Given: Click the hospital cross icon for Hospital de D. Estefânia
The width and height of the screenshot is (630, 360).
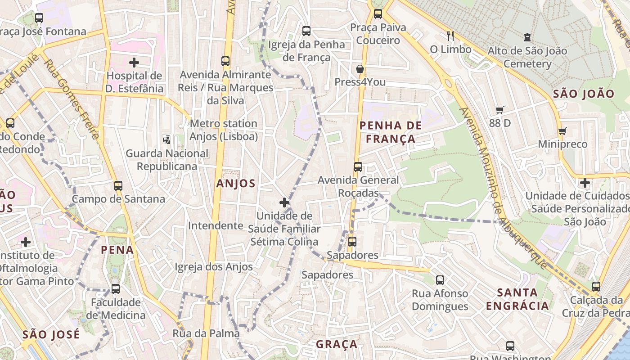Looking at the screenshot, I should pyautogui.click(x=134, y=62).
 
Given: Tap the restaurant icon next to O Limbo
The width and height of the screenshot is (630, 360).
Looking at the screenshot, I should pyautogui.click(x=450, y=36).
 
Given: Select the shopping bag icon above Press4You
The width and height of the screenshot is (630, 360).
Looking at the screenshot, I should pyautogui.click(x=360, y=69).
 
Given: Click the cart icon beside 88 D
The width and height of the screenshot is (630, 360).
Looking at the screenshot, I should pyautogui.click(x=499, y=110).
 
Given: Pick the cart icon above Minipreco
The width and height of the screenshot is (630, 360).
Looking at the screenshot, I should pyautogui.click(x=562, y=131).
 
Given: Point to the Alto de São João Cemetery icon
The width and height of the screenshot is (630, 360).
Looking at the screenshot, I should pyautogui.click(x=527, y=37).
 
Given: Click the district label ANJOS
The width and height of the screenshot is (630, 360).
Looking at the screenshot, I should pyautogui.click(x=236, y=184).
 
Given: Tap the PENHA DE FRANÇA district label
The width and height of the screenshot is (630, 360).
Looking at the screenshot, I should pyautogui.click(x=391, y=132).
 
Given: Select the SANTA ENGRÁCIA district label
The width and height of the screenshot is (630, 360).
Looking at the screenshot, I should pyautogui.click(x=517, y=299).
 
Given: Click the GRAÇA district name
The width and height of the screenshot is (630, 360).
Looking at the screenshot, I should pyautogui.click(x=337, y=344).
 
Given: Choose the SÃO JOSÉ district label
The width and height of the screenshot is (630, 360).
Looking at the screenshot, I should pyautogui.click(x=51, y=335).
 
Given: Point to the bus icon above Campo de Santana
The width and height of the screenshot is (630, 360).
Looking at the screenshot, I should pyautogui.click(x=118, y=185).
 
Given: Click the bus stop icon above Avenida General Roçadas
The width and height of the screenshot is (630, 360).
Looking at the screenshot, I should pyautogui.click(x=358, y=167).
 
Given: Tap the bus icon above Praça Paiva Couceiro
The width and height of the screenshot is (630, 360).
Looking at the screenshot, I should pyautogui.click(x=378, y=14).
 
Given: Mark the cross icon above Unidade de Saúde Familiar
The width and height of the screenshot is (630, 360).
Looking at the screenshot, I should pyautogui.click(x=284, y=202).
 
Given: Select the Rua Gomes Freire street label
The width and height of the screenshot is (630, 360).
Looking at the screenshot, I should pyautogui.click(x=72, y=99).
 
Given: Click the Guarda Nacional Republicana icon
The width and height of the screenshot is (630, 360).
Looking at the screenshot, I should pyautogui.click(x=167, y=140).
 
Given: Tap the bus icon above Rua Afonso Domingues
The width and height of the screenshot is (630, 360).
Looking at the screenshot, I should pyautogui.click(x=440, y=280).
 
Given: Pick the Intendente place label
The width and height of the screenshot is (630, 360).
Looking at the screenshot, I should pyautogui.click(x=216, y=225).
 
